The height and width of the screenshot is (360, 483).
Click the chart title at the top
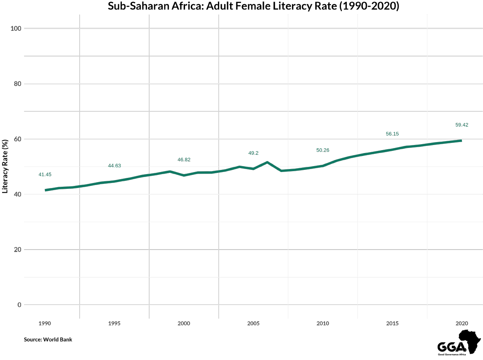click(253, 6)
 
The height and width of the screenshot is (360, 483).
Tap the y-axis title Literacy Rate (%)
click(5, 166)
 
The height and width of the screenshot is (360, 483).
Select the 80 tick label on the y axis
click(17, 84)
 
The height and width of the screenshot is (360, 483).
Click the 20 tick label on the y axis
click(17, 250)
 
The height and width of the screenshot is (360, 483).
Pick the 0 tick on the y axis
click(19, 305)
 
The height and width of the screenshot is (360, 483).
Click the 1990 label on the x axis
click(45, 323)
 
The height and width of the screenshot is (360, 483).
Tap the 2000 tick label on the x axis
click(184, 323)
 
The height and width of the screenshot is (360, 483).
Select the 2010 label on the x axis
click(323, 323)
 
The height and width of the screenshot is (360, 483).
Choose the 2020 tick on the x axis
click(462, 323)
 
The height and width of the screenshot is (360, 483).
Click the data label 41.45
click(45, 175)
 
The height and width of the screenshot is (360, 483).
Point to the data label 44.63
click(114, 166)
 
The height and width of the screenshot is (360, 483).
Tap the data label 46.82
click(184, 160)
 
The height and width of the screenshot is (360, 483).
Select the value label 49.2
click(253, 153)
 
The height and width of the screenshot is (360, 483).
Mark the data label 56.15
click(392, 134)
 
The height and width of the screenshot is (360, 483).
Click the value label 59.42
click(462, 125)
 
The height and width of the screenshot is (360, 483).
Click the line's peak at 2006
click(267, 162)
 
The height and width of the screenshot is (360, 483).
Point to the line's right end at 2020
click(462, 140)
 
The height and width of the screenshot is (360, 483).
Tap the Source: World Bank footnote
click(48, 339)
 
